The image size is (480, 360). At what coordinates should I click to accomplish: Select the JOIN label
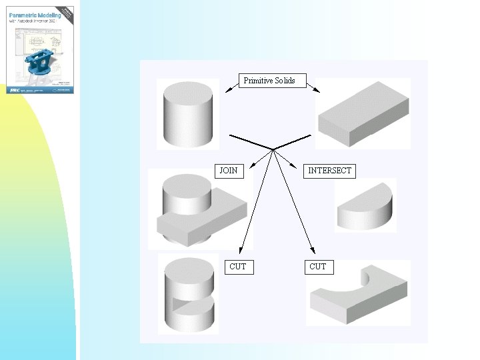click(229, 171)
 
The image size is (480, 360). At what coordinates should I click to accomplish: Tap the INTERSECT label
click(329, 171)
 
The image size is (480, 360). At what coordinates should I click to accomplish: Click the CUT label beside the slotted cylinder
click(237, 267)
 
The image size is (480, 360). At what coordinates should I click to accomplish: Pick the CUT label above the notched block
click(318, 267)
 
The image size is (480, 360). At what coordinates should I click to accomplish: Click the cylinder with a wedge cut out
click(189, 293)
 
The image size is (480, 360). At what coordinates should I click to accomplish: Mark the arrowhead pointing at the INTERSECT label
click(298, 164)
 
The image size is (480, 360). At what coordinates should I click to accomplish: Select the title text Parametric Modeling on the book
click(34, 14)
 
